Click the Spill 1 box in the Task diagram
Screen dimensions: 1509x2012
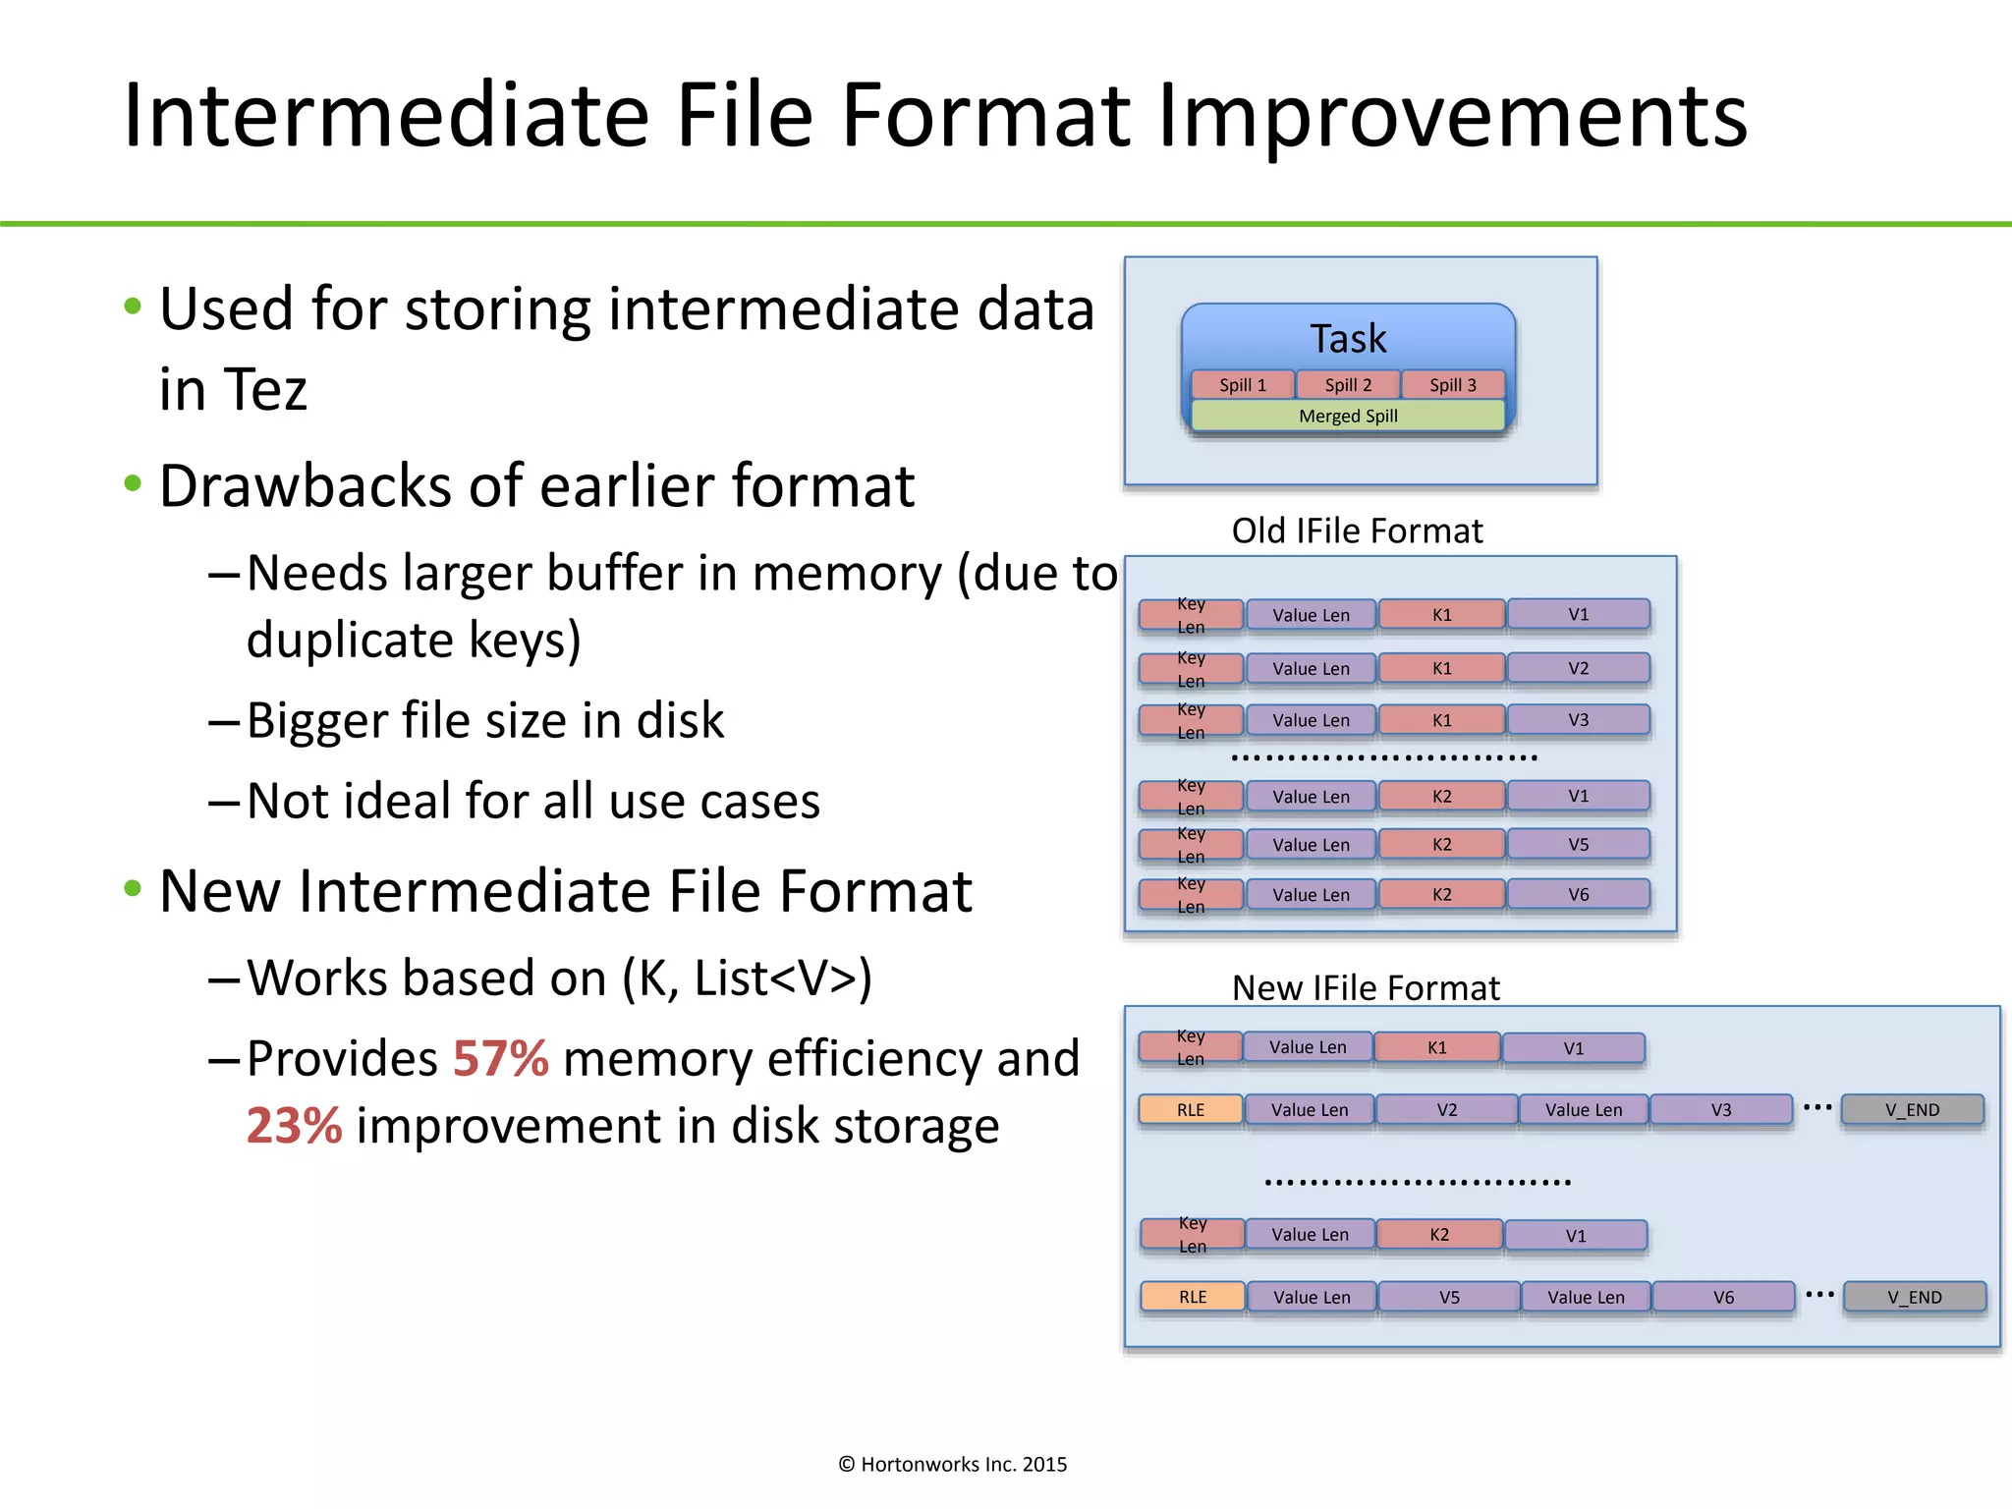[1242, 385]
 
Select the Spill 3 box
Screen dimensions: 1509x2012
[1452, 385]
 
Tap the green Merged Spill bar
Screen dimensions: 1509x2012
[1348, 417]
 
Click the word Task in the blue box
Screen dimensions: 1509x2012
[1348, 339]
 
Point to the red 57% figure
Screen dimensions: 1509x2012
[500, 1059]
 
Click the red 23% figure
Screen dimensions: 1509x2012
[294, 1126]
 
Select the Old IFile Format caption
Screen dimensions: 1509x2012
[1357, 531]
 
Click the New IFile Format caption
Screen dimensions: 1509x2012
[1366, 988]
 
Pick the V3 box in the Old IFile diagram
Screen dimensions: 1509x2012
[1578, 720]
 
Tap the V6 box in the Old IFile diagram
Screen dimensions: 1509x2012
[1578, 895]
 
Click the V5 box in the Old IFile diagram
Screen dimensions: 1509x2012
[1578, 845]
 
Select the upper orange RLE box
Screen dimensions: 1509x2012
[1191, 1110]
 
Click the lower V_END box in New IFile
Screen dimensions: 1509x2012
[1914, 1298]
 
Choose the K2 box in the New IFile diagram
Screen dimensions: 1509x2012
[1438, 1235]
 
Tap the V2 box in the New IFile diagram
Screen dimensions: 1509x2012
[1446, 1110]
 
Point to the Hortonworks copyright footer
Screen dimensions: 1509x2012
[952, 1465]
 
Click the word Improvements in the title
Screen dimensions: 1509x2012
[1452, 116]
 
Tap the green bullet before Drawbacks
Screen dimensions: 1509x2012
[134, 484]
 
